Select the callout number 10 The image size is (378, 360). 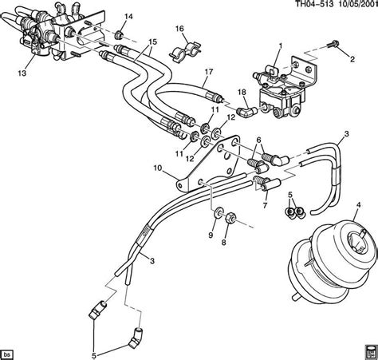[159, 168]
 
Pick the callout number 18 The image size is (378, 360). [221, 93]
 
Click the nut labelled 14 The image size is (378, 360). [119, 35]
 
